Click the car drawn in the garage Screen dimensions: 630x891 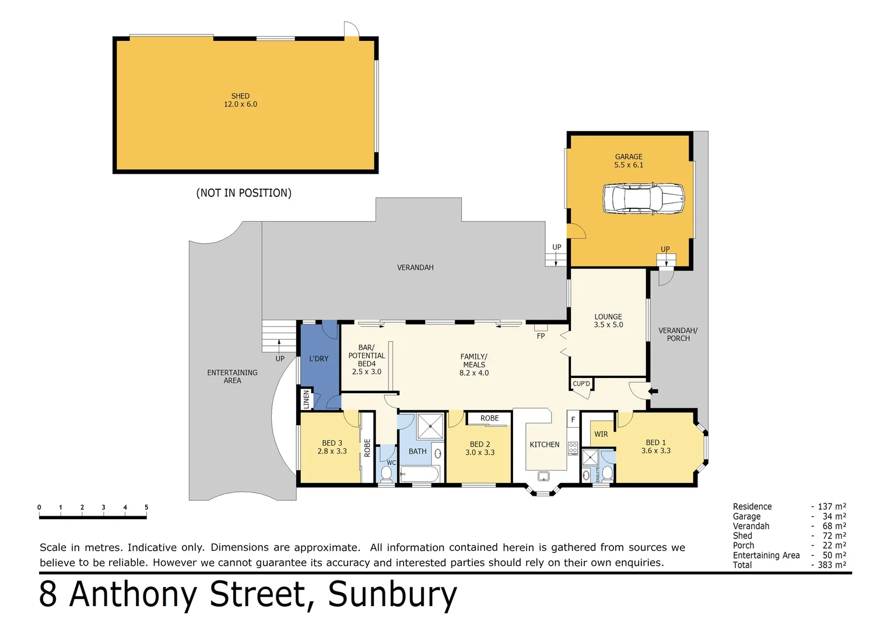click(643, 199)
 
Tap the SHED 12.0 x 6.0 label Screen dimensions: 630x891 click(240, 100)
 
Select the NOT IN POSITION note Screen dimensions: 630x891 click(244, 193)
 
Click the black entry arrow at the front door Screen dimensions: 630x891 click(654, 391)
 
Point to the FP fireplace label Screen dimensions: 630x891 click(541, 336)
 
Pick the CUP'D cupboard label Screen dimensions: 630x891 click(581, 384)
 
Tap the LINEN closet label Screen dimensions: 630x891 click(306, 400)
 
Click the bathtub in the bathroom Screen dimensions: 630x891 click(420, 474)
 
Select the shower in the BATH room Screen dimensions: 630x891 click(430, 426)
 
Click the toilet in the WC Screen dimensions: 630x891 click(387, 473)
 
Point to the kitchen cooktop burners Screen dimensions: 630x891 click(573, 449)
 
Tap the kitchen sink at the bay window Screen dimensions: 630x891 click(543, 477)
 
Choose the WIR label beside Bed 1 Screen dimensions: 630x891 click(601, 435)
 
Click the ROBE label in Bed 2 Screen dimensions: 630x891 click(489, 418)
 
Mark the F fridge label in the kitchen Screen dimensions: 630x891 click(573, 419)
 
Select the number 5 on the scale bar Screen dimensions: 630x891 click(146, 508)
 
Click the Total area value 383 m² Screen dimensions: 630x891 click(832, 565)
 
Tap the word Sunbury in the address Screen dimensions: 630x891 click(392, 594)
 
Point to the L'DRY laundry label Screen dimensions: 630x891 click(318, 359)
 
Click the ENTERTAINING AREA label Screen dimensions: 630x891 click(232, 376)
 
